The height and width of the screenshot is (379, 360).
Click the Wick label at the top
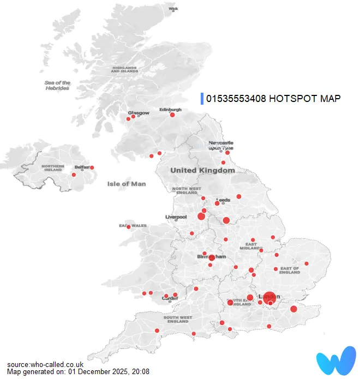pyautogui.click(x=173, y=9)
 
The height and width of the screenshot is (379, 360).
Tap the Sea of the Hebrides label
pyautogui.click(x=57, y=85)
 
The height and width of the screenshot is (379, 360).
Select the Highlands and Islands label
pyautogui.click(x=124, y=69)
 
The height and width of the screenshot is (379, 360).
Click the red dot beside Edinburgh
pyautogui.click(x=172, y=115)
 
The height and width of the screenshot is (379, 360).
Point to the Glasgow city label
pyautogui.click(x=138, y=113)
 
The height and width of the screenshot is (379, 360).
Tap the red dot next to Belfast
pyautogui.click(x=92, y=167)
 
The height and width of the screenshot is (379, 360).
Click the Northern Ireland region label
pyautogui.click(x=53, y=168)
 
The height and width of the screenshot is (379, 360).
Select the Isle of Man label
pyautogui.click(x=127, y=184)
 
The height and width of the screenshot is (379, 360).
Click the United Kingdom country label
pyautogui.click(x=202, y=170)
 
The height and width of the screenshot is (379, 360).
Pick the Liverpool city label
pyautogui.click(x=176, y=216)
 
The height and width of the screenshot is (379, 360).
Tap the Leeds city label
pyautogui.click(x=223, y=200)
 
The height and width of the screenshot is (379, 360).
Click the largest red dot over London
pyautogui.click(x=269, y=298)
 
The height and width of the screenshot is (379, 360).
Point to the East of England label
pyautogui.click(x=289, y=270)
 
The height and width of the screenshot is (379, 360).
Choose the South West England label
pyautogui.click(x=177, y=319)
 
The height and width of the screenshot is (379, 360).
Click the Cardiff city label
pyautogui.click(x=170, y=298)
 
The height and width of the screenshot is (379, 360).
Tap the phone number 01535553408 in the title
pyautogui.click(x=236, y=99)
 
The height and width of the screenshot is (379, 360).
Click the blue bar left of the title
pyautogui.click(x=202, y=99)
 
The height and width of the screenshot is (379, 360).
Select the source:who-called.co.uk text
pyautogui.click(x=45, y=364)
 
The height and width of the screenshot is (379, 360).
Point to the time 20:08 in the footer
pyautogui.click(x=140, y=371)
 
